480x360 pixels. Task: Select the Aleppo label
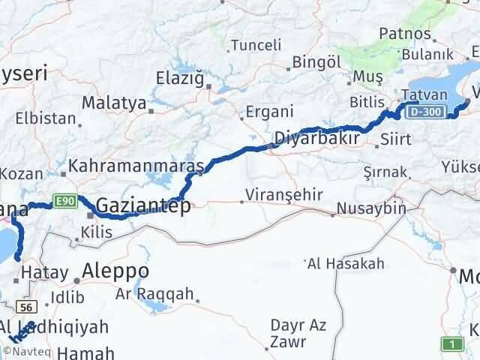(x=116, y=271)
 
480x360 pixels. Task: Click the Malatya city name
(x=113, y=103)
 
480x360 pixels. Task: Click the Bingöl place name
(x=310, y=61)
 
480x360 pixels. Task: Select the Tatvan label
(x=424, y=95)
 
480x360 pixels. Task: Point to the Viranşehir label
(x=287, y=195)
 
